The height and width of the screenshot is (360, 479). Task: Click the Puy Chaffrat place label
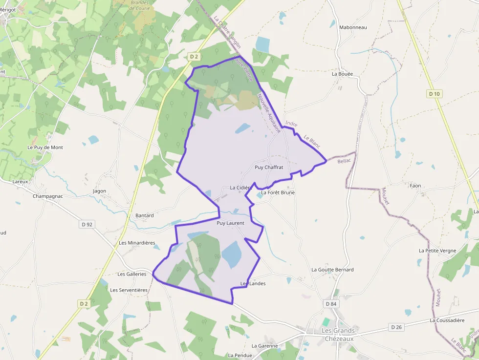click(x=269, y=167)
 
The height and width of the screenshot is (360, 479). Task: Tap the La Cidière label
click(x=240, y=188)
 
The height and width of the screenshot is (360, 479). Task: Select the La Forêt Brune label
click(x=278, y=192)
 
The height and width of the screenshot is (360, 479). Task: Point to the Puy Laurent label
click(x=230, y=223)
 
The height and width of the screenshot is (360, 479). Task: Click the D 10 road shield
click(x=434, y=93)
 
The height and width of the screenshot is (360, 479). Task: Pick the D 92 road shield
click(x=87, y=224)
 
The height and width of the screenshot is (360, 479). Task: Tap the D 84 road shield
click(x=331, y=304)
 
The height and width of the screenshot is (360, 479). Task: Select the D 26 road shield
click(x=396, y=327)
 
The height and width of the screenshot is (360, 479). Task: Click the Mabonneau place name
click(x=353, y=27)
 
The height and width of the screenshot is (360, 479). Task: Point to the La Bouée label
click(x=342, y=74)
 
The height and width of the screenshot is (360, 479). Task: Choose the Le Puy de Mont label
click(x=45, y=147)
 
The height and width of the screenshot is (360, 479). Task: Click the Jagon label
click(x=99, y=191)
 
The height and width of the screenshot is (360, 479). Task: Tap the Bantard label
click(x=144, y=215)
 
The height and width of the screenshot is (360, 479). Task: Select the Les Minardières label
click(x=137, y=243)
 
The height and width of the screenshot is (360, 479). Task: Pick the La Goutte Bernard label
click(x=332, y=270)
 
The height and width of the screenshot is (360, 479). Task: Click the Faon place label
click(x=415, y=186)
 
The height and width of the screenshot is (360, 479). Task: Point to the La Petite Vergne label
click(x=437, y=251)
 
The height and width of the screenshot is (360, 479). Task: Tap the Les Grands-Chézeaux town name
click(x=339, y=334)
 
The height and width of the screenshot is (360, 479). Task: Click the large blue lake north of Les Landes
click(x=231, y=254)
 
